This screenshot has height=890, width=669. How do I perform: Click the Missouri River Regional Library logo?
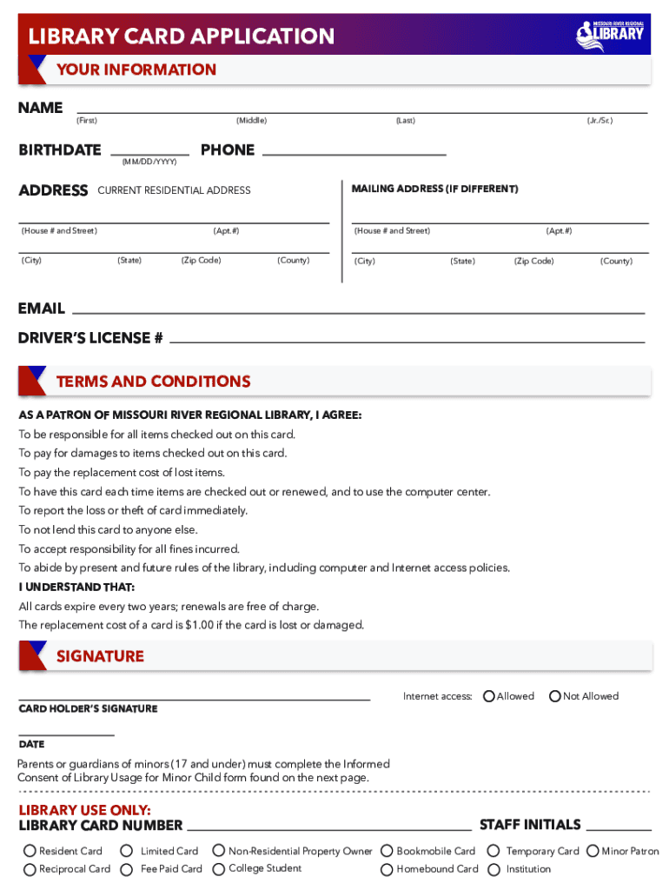(x=610, y=33)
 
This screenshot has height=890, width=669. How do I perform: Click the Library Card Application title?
(x=181, y=37)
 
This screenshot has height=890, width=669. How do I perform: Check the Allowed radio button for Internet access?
(x=489, y=696)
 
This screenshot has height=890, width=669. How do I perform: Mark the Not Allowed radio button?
(x=555, y=696)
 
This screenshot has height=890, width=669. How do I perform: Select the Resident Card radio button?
(x=30, y=852)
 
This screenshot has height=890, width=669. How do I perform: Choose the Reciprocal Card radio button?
(x=30, y=869)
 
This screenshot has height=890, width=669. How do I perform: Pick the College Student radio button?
(x=219, y=868)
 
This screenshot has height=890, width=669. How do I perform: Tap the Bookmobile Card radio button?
(x=387, y=852)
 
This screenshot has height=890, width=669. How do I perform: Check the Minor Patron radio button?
(x=593, y=852)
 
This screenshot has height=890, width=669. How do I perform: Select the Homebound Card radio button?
(x=387, y=869)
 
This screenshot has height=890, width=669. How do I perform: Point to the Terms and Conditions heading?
(x=153, y=382)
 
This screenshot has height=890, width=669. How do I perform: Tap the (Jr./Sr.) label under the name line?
(x=599, y=121)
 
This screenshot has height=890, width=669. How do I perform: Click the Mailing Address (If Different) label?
(x=434, y=189)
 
